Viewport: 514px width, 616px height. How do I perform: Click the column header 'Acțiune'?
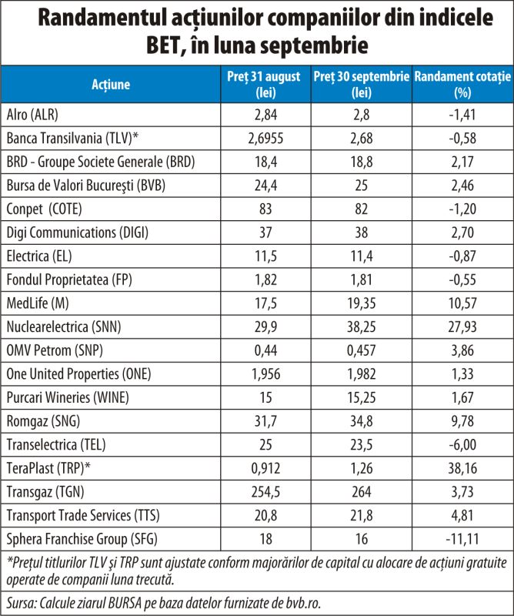point(111,84)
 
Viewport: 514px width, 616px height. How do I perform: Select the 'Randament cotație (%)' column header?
point(462,84)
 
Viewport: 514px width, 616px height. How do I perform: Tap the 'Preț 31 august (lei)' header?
point(265,84)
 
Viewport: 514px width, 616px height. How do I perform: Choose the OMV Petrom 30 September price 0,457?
point(362,350)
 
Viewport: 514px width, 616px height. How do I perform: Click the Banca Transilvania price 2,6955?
point(265,139)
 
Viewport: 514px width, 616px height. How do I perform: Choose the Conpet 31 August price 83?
point(265,209)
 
